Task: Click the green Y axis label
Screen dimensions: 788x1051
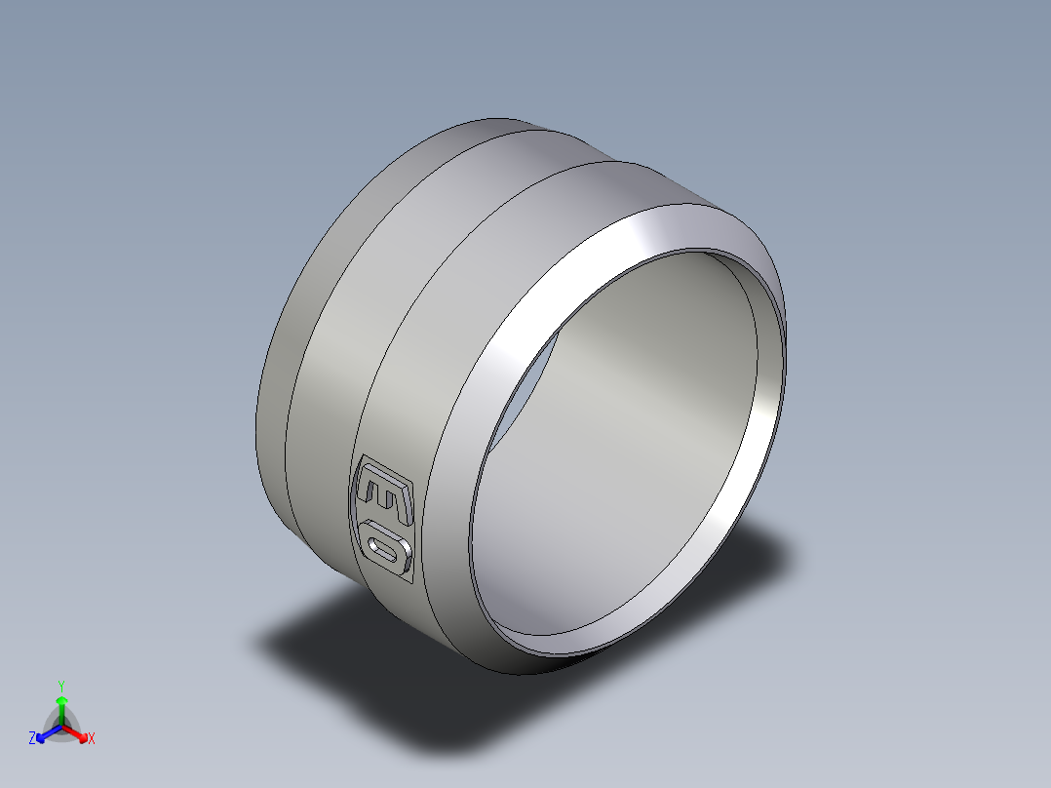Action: click(60, 686)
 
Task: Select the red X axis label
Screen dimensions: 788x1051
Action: click(91, 738)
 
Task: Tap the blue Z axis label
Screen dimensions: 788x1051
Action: click(32, 738)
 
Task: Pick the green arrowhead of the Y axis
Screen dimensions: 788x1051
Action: click(60, 701)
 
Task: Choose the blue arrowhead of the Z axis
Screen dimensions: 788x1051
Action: click(42, 734)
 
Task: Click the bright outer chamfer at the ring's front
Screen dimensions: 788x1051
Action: click(546, 293)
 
